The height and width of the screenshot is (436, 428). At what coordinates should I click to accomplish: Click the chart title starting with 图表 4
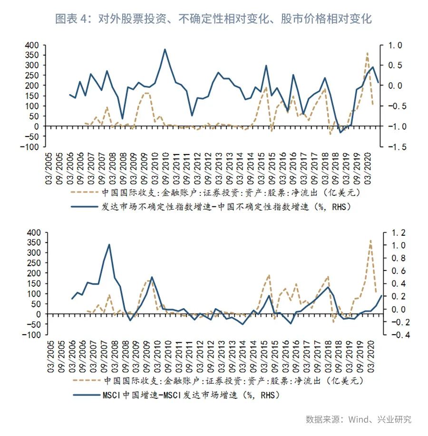(214, 19)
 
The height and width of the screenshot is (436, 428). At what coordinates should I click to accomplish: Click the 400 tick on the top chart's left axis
(30, 45)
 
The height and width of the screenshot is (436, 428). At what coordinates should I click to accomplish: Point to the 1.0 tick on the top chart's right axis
(396, 45)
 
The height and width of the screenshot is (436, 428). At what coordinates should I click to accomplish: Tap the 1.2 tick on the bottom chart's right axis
(396, 233)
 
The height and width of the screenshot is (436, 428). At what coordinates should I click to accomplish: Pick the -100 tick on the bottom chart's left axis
(28, 335)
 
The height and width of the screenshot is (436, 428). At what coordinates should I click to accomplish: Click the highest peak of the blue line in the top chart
(165, 49)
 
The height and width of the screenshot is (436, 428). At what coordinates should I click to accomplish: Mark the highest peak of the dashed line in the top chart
(367, 53)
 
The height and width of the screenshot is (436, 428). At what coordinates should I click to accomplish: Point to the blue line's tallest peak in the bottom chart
(109, 244)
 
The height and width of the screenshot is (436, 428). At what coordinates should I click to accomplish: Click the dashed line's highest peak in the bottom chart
(370, 241)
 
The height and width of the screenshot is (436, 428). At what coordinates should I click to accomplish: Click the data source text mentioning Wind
(359, 419)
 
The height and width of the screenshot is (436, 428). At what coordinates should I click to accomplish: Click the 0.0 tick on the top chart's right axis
(396, 86)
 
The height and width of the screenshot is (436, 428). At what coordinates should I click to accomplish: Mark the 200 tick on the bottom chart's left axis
(30, 273)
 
